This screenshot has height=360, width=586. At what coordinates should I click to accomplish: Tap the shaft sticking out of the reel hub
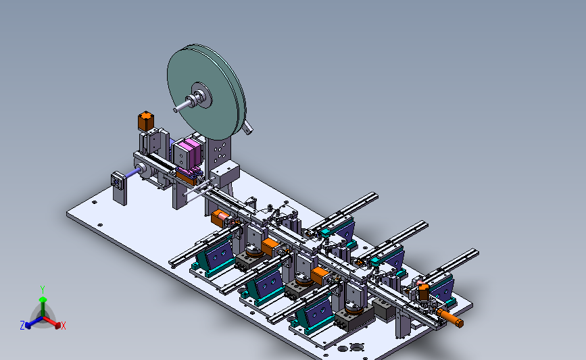coord(181,105)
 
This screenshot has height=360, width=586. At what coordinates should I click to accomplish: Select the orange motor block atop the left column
coord(146,121)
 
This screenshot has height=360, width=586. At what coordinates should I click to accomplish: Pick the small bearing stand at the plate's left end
coord(119,188)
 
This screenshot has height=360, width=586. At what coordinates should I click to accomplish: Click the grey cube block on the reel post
coord(225,173)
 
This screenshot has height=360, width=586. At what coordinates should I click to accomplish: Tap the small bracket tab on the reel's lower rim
coord(247,128)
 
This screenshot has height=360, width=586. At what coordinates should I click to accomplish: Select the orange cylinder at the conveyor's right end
coord(450,317)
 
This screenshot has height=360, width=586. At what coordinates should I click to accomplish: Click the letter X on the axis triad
coord(64,326)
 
